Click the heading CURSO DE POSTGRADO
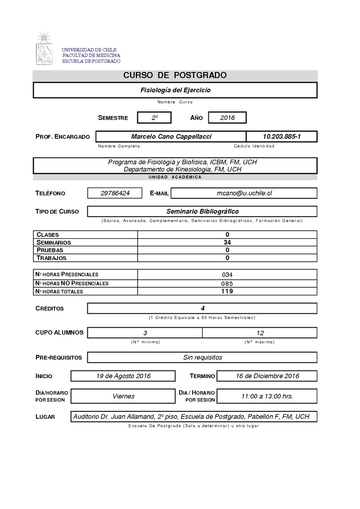click(175, 76)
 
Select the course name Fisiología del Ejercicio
click(175, 90)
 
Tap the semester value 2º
click(155, 118)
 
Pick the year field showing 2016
click(227, 118)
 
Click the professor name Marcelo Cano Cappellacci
click(171, 137)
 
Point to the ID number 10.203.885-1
click(282, 137)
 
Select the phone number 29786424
click(115, 193)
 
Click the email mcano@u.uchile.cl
click(244, 193)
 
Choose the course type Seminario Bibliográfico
click(202, 211)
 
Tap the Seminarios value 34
click(227, 242)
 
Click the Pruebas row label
click(50, 250)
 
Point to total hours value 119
click(227, 291)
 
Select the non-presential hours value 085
click(227, 283)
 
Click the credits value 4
click(202, 308)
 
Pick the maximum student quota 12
click(260, 333)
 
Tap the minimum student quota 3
click(145, 333)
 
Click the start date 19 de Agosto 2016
click(123, 376)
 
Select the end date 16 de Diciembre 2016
click(267, 376)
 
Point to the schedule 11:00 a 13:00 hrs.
click(267, 396)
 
